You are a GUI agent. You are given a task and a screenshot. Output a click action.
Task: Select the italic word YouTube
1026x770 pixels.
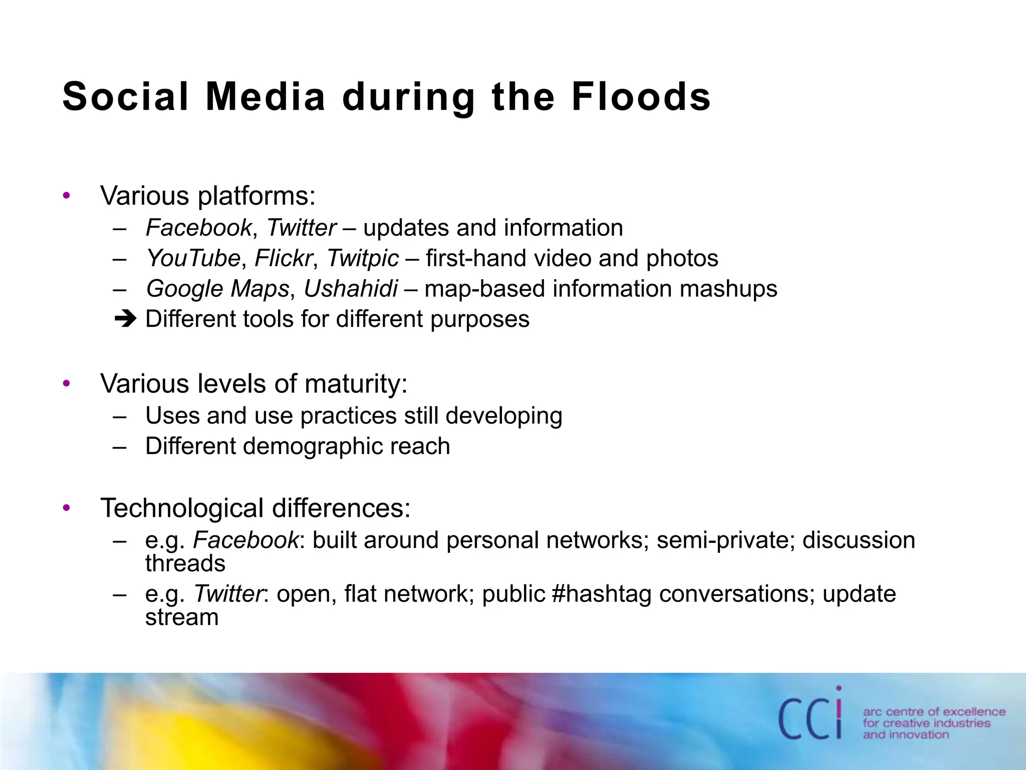pyautogui.click(x=193, y=259)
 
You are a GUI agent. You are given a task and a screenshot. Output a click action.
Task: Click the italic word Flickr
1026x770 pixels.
pyautogui.click(x=284, y=259)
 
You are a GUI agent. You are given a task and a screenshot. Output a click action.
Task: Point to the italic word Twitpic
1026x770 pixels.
pyautogui.click(x=363, y=259)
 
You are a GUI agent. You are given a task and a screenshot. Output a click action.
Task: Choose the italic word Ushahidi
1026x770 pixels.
pyautogui.click(x=351, y=289)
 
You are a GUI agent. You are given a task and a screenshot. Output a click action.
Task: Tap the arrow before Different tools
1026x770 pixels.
pyautogui.click(x=125, y=319)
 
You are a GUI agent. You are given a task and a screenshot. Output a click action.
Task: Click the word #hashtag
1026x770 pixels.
pyautogui.click(x=601, y=594)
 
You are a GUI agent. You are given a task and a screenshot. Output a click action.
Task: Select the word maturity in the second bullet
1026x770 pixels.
pyautogui.click(x=356, y=384)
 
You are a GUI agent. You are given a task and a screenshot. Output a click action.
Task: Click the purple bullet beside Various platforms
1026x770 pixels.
pyautogui.click(x=67, y=196)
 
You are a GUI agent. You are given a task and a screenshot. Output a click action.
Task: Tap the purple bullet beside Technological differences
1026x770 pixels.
pyautogui.click(x=67, y=508)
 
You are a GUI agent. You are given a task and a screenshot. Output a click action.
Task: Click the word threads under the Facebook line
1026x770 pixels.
pyautogui.click(x=185, y=564)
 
